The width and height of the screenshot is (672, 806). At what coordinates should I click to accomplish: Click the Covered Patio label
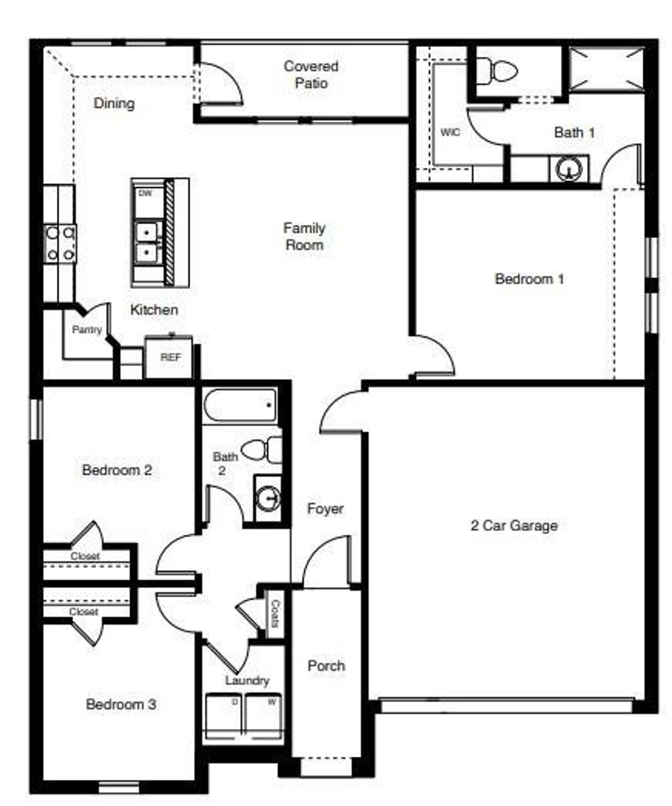click(311, 75)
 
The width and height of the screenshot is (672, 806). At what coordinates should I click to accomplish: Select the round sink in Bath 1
click(569, 169)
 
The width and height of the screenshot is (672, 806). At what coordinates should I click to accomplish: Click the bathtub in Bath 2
click(240, 405)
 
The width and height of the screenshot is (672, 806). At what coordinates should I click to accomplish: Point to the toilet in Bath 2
click(262, 450)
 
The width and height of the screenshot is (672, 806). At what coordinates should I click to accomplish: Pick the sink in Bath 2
click(268, 498)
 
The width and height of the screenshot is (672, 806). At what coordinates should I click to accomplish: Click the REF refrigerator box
click(170, 357)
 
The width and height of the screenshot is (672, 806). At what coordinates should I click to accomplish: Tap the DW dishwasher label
click(145, 193)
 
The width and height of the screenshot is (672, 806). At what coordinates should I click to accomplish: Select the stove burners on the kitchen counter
click(60, 243)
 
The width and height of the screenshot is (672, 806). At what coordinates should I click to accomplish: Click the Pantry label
click(87, 330)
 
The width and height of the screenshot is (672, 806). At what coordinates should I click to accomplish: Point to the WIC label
click(450, 132)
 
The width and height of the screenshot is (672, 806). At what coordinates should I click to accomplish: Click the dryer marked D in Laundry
click(223, 716)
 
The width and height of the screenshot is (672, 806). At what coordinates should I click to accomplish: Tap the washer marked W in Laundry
click(264, 716)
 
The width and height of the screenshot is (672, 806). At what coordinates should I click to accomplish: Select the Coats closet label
click(274, 614)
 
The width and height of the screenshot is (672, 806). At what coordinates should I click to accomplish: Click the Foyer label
click(325, 508)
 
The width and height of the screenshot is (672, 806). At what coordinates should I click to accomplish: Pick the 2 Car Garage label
click(514, 525)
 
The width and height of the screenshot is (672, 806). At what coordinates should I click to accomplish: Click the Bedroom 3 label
click(121, 704)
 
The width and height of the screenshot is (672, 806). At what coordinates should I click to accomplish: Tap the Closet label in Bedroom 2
click(85, 556)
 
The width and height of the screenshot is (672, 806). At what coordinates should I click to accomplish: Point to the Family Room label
click(304, 236)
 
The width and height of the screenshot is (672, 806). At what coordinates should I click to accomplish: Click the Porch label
click(326, 666)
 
